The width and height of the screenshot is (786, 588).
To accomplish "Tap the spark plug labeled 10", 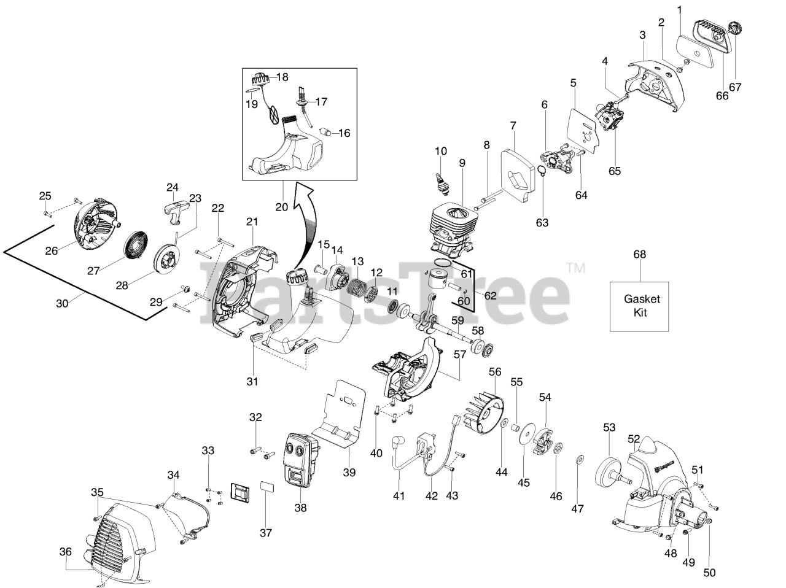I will (x=439, y=177).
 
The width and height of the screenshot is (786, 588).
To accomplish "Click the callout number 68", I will (x=640, y=254).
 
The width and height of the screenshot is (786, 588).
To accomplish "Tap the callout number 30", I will (x=63, y=303).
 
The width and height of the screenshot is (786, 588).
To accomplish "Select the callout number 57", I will (x=460, y=354).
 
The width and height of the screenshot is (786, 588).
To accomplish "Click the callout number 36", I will (x=66, y=551).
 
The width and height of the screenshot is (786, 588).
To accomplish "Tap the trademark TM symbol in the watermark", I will (x=575, y=268).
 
